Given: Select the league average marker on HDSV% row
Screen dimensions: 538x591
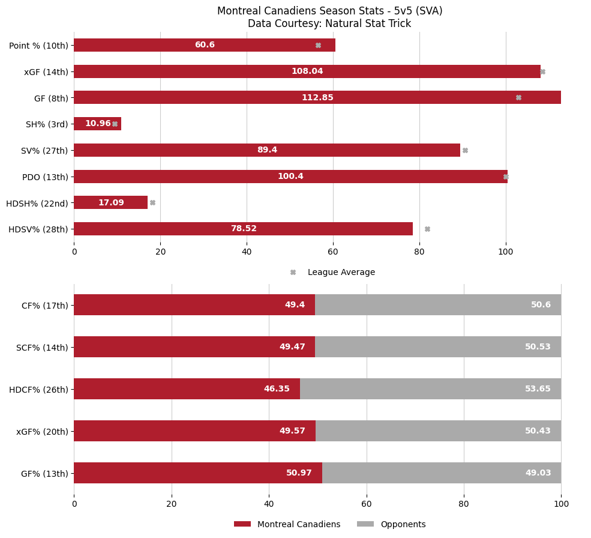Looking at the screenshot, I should click(x=427, y=229).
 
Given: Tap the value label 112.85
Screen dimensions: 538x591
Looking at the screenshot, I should click(x=317, y=98).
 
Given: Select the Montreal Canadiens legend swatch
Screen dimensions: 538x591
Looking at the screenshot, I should click(x=242, y=524).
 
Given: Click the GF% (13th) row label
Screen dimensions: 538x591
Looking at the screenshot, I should click(x=44, y=473).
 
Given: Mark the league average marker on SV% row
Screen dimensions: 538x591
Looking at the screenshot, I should click(x=465, y=150).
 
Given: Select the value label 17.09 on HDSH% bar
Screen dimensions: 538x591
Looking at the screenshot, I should click(x=111, y=203).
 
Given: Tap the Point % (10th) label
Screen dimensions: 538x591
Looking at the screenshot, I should click(x=38, y=46).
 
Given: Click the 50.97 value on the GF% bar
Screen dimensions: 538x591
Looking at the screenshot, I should click(x=299, y=473).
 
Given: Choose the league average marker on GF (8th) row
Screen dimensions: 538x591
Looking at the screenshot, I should click(x=518, y=98).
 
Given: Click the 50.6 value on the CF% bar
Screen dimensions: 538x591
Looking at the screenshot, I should click(x=541, y=305).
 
